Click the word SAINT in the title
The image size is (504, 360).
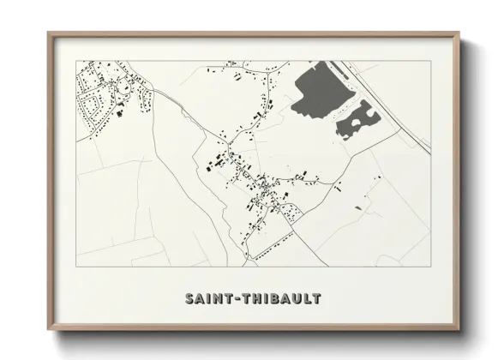pos(207,299)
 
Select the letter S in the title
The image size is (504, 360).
pos(189,299)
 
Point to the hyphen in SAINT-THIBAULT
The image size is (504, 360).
pos(234,299)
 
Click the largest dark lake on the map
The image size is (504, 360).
pos(314,91)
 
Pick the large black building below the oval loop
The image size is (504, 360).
pos(121,112)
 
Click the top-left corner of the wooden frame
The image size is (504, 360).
pos(49,33)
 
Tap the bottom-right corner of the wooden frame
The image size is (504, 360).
pos(459,331)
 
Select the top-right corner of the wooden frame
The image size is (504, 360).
pos(459,33)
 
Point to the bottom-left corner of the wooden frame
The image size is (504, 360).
pos(49,331)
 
